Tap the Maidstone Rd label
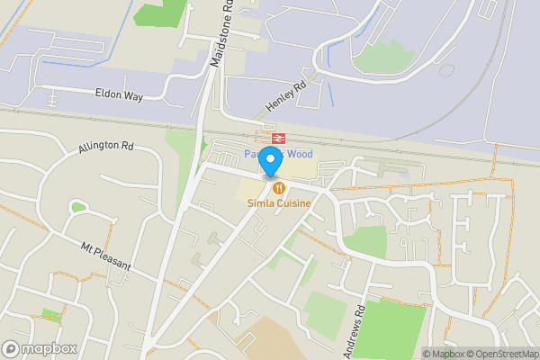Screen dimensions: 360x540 coord(222,33)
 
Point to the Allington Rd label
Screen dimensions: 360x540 coord(105,146)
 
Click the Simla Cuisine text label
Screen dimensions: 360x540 coord(280,203)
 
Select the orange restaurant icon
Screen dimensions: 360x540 coord(280,187)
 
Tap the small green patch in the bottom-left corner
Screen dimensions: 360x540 coord(51,316)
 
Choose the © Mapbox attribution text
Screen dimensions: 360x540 coord(438,354)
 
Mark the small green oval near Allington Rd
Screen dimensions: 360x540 coord(78,207)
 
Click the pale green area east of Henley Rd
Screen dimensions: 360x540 coord(382,56)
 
